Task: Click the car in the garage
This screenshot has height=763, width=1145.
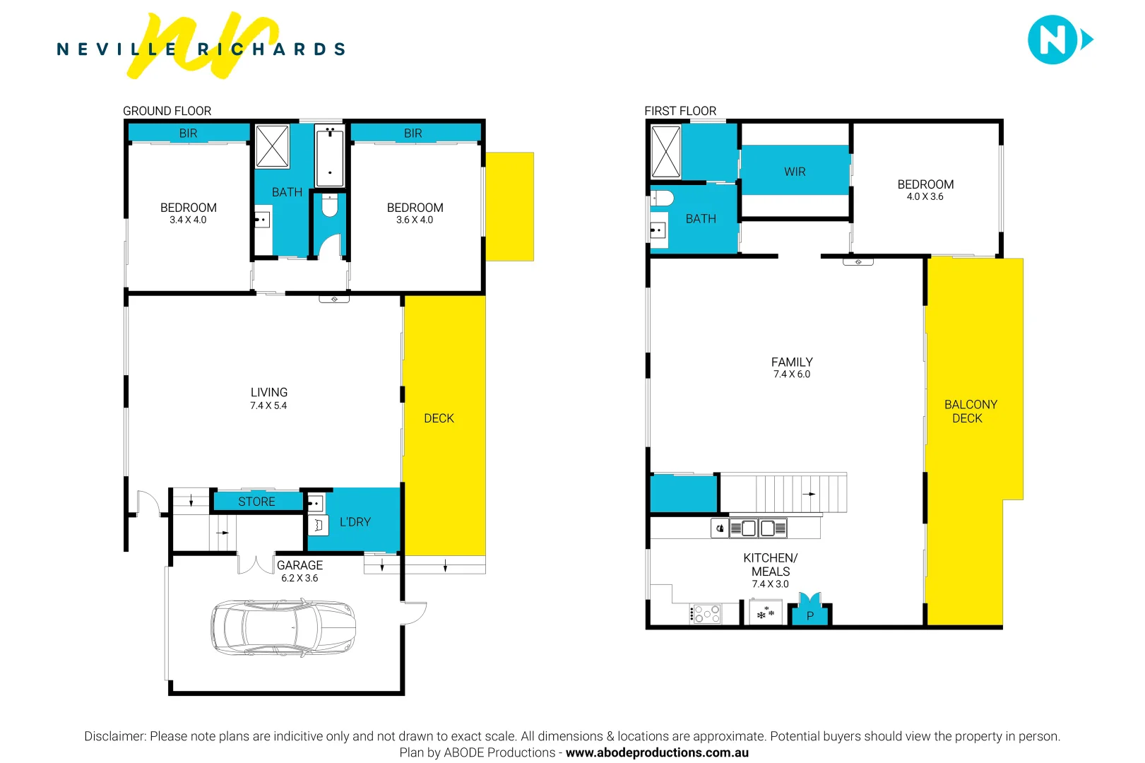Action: [x=283, y=627]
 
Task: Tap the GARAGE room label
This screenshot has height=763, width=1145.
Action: [x=299, y=565]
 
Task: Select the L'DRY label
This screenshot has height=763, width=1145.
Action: [x=355, y=522]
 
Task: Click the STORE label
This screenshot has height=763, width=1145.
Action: [x=256, y=502]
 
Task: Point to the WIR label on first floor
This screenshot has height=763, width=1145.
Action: [x=795, y=172]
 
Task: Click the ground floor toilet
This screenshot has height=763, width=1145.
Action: [x=329, y=206]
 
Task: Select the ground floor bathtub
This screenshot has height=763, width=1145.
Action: [x=329, y=155]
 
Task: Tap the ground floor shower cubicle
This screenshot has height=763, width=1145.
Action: [x=272, y=146]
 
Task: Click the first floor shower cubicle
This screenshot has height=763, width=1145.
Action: [x=665, y=151]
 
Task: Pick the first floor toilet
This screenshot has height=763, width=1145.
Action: [x=661, y=197]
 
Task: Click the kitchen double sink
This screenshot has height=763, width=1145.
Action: [x=757, y=528]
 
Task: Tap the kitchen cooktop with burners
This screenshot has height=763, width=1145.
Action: [x=706, y=614]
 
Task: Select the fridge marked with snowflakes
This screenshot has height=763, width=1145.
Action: [x=766, y=613]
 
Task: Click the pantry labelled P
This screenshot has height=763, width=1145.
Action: [x=810, y=615]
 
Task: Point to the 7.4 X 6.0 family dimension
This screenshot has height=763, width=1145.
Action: [x=791, y=374]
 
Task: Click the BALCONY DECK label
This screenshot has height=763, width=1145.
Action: [x=970, y=411]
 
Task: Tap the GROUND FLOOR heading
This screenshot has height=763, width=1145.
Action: [x=167, y=111]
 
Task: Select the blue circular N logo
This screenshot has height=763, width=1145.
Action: [x=1052, y=40]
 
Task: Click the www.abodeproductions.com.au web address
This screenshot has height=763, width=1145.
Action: [x=657, y=752]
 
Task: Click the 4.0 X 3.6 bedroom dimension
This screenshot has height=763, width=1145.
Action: [x=925, y=196]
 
